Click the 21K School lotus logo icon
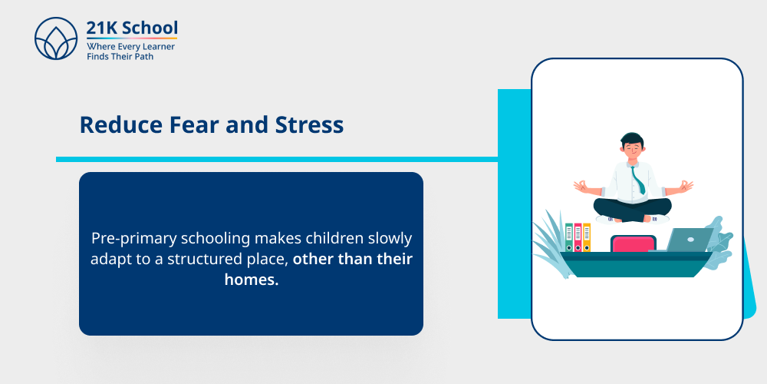click(x=56, y=38)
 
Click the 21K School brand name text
click(x=132, y=28)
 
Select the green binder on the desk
click(x=569, y=237)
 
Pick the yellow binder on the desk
click(x=587, y=237)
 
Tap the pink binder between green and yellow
click(x=578, y=237)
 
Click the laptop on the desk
click(x=687, y=240)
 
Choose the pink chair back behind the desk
click(x=633, y=243)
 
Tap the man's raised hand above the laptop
click(x=686, y=185)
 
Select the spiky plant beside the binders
click(x=549, y=238)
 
